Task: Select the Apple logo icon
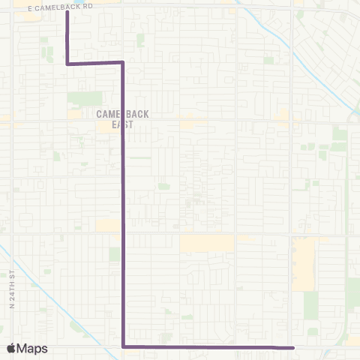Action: coord(12,349)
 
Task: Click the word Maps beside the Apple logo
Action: coord(33,349)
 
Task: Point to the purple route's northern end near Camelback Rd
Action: coord(68,11)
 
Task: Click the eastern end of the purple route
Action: coord(292,348)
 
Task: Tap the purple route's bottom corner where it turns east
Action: coord(123,347)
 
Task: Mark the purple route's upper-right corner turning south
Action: coord(122,63)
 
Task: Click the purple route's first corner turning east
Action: coord(68,64)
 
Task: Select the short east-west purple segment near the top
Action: coord(95,63)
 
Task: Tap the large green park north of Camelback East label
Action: coord(84,98)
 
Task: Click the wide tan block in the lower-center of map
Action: coord(206,244)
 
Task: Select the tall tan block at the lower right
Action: coord(304,262)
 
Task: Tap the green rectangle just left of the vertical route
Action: coord(114,254)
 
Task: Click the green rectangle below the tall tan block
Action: coord(310,304)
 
